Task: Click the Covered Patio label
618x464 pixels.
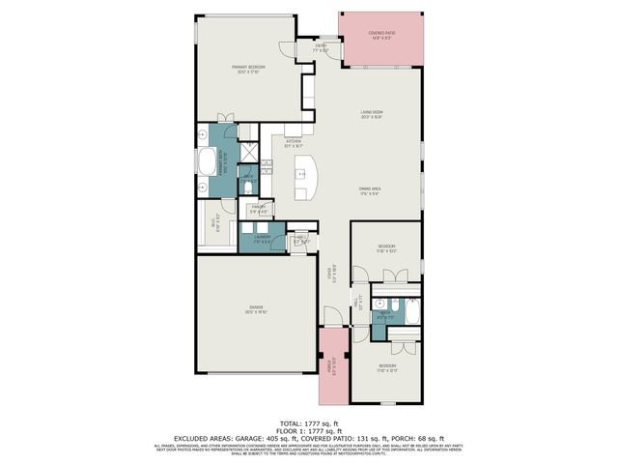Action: tap(382, 35)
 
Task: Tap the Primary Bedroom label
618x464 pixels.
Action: tap(247, 69)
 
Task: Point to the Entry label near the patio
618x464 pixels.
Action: tap(323, 45)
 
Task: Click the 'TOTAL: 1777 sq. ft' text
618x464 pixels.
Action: tap(308, 422)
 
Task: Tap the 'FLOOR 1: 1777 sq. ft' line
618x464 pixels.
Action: tap(308, 430)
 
